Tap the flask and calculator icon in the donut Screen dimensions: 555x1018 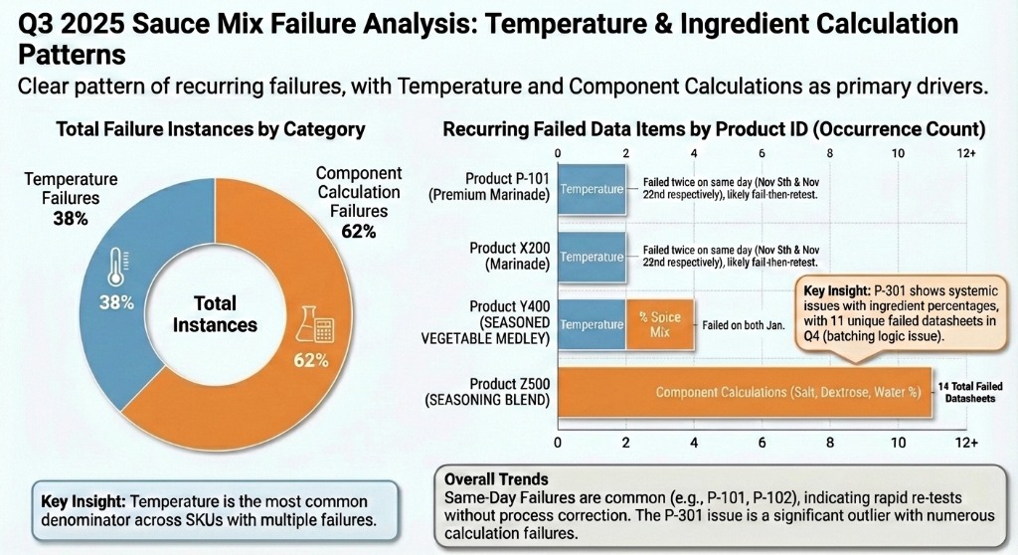(x=310, y=327)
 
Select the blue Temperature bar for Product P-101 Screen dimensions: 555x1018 (x=592, y=188)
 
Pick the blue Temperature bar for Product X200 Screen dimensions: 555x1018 (x=592, y=257)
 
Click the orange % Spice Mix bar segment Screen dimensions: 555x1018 (x=659, y=324)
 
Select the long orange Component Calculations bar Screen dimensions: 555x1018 (x=744, y=392)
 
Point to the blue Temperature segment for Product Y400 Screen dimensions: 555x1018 (x=592, y=324)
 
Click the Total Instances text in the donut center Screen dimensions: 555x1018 (x=215, y=314)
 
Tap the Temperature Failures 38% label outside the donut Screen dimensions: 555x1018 (x=71, y=197)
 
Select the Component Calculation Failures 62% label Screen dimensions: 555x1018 (x=358, y=202)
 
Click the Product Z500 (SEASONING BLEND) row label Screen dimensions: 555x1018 (x=488, y=392)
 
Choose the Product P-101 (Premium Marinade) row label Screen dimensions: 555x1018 (x=488, y=188)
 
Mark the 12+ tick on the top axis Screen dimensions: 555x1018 (x=965, y=154)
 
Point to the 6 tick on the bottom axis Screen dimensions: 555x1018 (x=762, y=442)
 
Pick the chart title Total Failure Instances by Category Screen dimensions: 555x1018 (x=210, y=129)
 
